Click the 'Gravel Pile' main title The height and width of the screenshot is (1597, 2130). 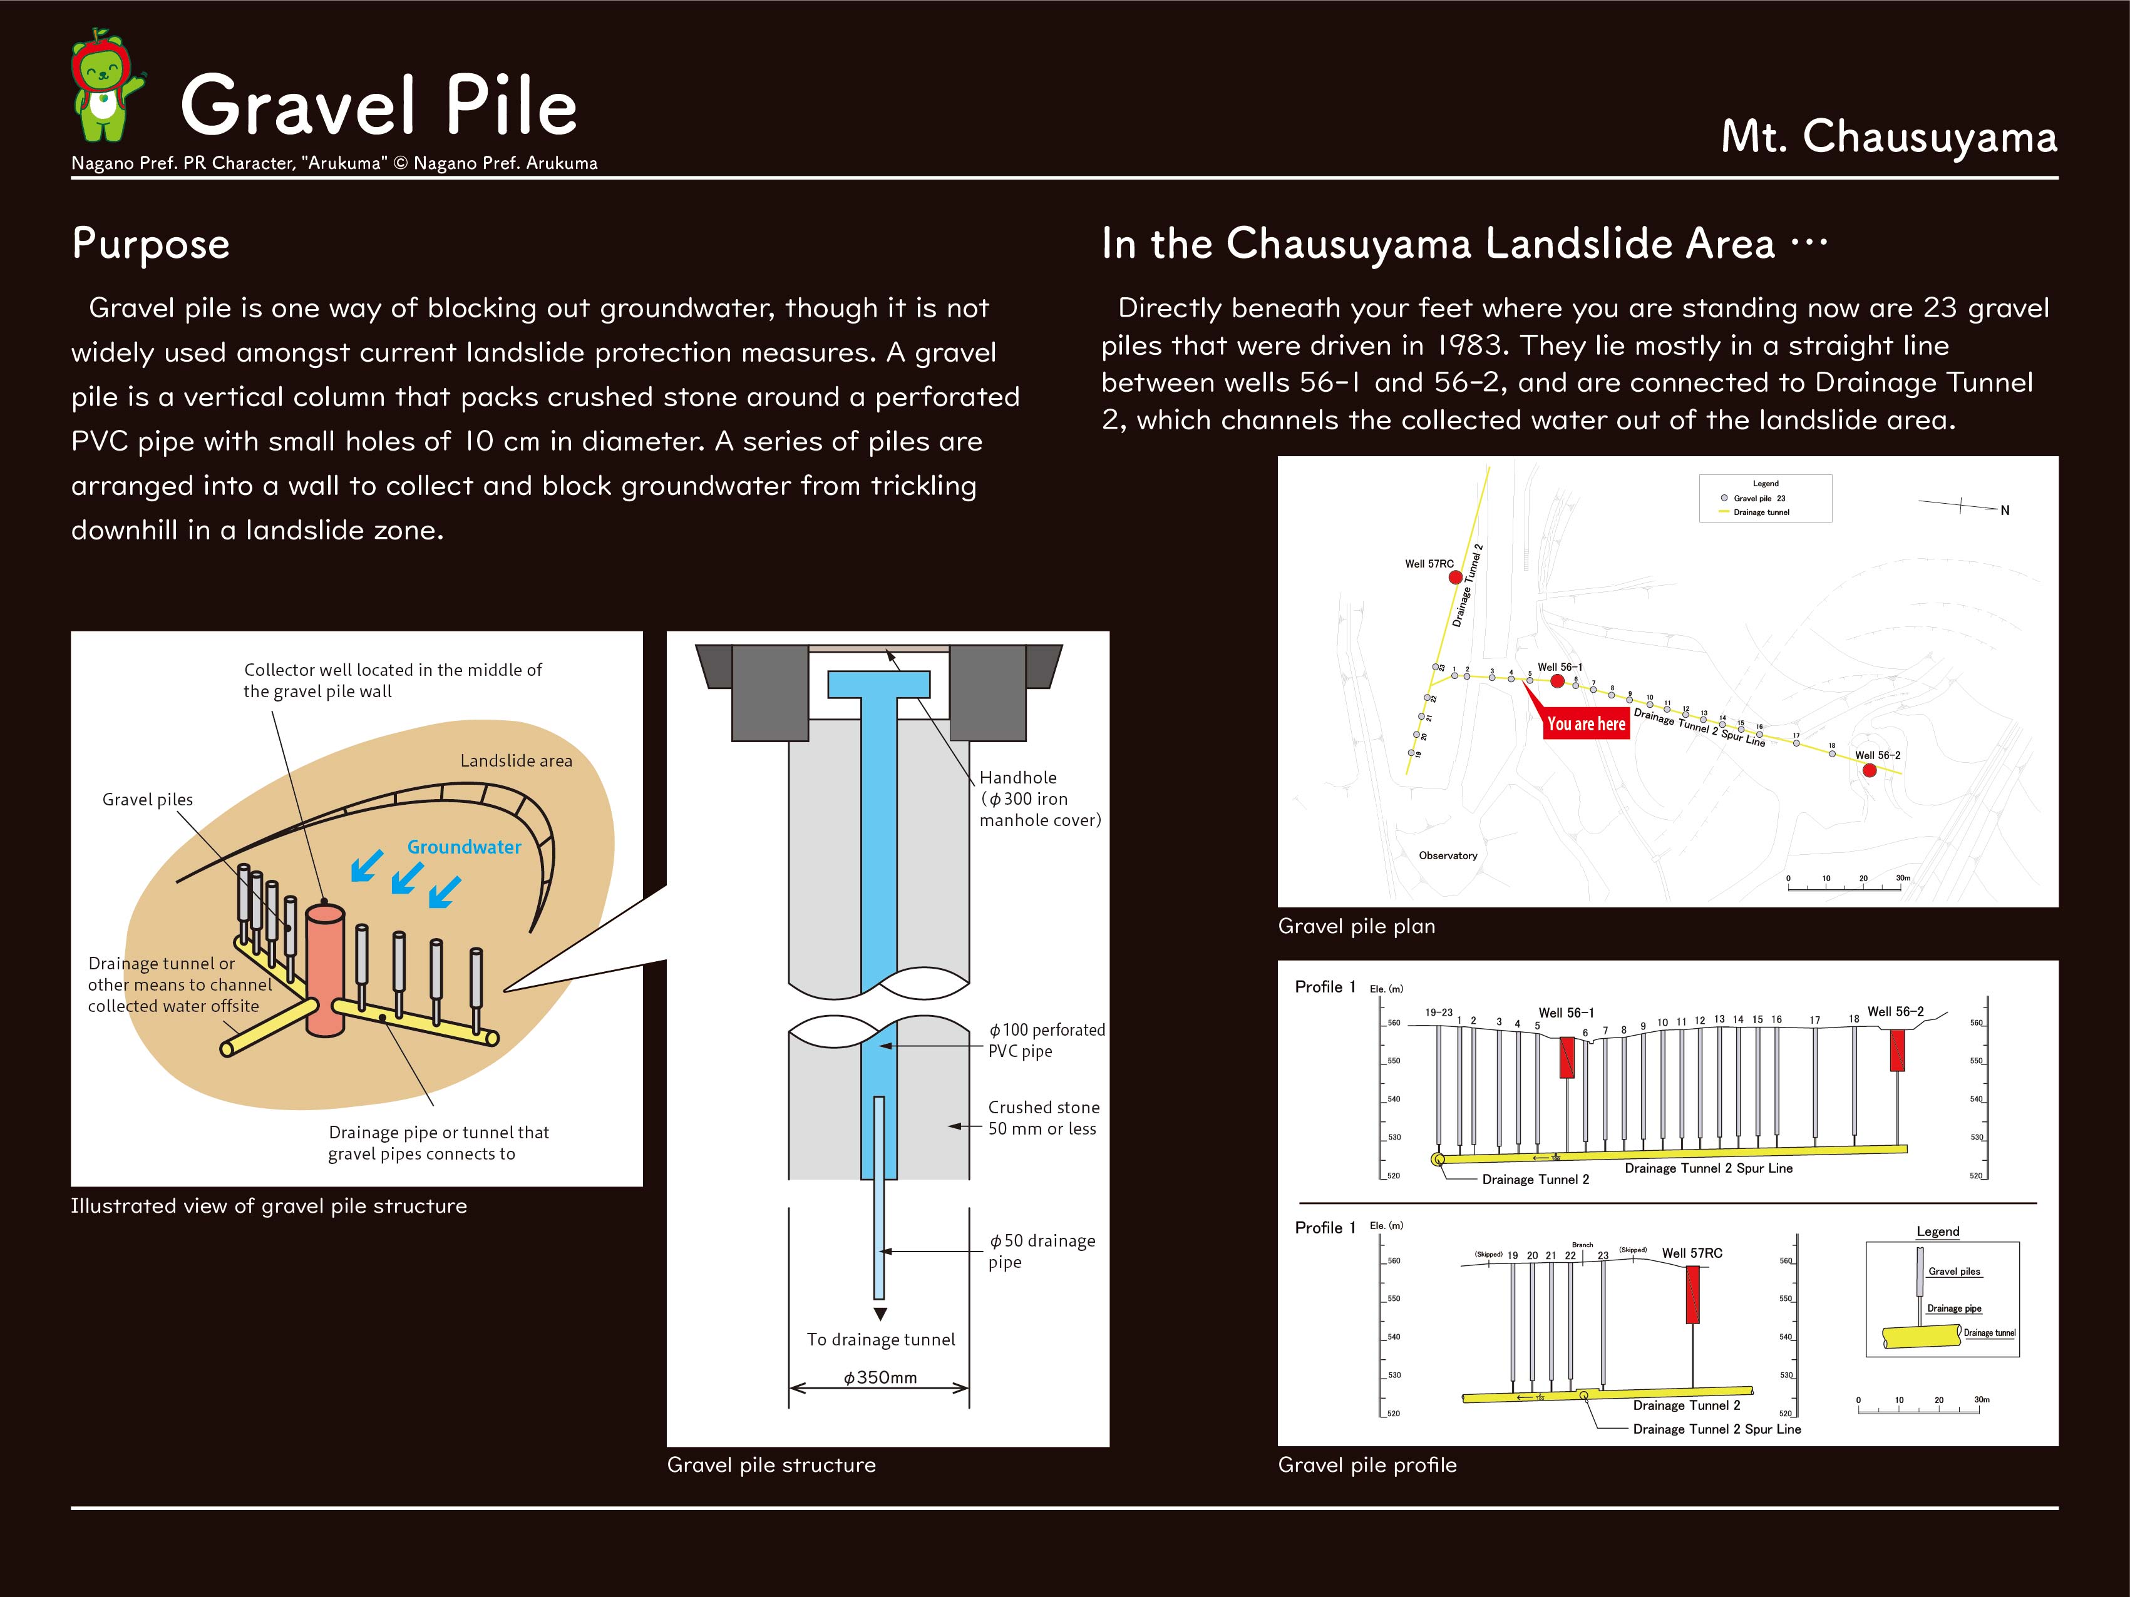tap(378, 106)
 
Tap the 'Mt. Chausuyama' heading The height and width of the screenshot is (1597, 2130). tap(1888, 136)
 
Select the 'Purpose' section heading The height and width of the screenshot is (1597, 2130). tap(151, 243)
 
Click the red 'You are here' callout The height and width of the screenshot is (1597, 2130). tap(1586, 724)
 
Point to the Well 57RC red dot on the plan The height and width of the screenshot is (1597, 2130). tap(1456, 578)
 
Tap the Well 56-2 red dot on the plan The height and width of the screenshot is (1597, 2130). tap(1869, 770)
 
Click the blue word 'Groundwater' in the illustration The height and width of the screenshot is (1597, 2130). tap(464, 847)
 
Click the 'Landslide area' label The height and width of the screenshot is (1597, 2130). tap(516, 760)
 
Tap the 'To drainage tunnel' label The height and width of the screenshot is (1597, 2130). tap(881, 1339)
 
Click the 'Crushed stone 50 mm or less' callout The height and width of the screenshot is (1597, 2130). tap(1043, 1118)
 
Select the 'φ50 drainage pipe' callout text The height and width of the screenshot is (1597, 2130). tap(1042, 1250)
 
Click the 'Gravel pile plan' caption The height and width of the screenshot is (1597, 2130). tap(1356, 926)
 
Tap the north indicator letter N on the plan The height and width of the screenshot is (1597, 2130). tap(2005, 510)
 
